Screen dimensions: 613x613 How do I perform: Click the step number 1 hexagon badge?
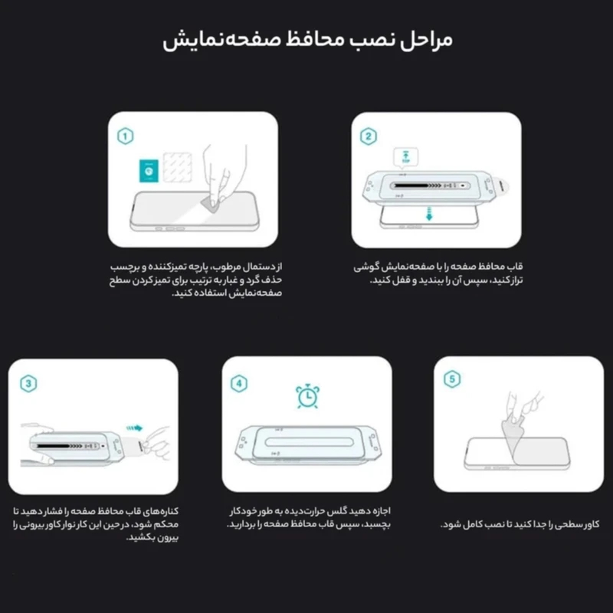coord(125,136)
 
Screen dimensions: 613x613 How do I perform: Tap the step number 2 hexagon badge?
coord(368,136)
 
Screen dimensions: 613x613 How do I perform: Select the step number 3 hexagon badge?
coord(28,384)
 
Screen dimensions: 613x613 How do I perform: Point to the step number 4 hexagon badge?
coord(239,384)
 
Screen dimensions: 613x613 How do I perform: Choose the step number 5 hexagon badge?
coord(452,379)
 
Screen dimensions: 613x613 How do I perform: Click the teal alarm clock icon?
coord(307,396)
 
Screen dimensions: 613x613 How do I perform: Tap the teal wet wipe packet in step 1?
coord(149,170)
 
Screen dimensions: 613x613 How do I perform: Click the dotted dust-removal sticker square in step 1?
coord(177,167)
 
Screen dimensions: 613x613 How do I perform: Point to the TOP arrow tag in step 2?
coord(405,157)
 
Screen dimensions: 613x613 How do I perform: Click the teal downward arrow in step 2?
coord(429,214)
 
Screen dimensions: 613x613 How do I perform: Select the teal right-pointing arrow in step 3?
coord(135,428)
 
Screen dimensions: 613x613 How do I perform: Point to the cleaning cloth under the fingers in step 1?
coord(210,205)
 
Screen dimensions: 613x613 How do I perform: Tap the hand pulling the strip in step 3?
coord(156,444)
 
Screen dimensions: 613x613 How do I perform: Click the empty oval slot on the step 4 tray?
coord(310,442)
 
